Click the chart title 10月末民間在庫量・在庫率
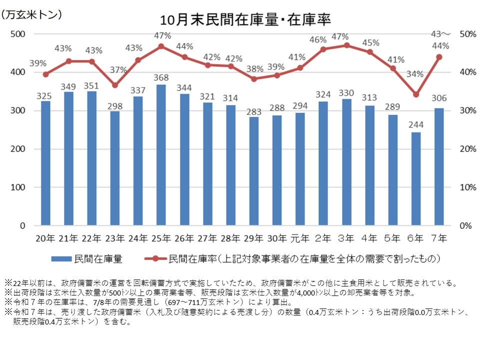(245, 19)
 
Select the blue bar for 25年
(161, 155)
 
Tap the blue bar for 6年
(416, 178)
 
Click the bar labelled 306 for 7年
(439, 167)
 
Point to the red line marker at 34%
(416, 94)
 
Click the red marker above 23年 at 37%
(115, 85)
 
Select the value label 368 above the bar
(161, 77)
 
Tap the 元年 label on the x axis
(300, 238)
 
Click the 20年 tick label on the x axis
(45, 238)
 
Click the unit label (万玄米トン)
(31, 15)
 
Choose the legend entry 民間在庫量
(98, 259)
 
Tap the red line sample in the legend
(155, 259)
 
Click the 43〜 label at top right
(440, 34)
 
